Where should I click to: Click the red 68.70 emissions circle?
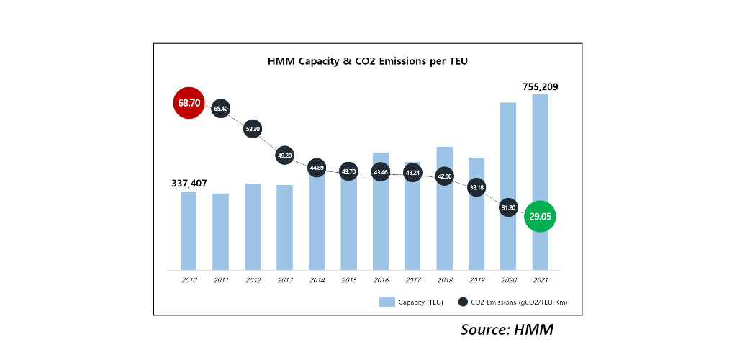189,103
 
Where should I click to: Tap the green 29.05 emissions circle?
541,216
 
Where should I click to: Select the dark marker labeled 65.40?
221,109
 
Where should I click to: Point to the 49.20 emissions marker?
285,155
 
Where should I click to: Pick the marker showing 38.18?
476,187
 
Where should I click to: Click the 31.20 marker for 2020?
508,207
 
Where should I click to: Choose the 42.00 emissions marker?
445,176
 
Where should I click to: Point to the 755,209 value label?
540,86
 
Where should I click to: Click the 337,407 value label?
189,184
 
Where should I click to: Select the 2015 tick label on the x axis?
348,279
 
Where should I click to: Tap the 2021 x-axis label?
540,279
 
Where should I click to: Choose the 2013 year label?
285,279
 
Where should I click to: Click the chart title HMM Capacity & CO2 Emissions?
367,61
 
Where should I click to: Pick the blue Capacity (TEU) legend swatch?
387,302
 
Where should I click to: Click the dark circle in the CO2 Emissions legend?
463,302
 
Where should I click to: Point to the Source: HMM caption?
507,330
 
